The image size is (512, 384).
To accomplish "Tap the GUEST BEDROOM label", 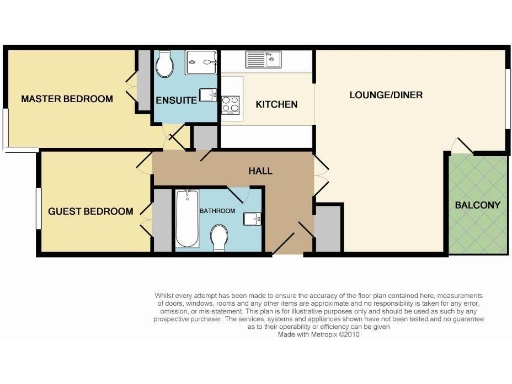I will pos(91,211).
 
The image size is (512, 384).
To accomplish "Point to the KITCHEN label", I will pos(275,105).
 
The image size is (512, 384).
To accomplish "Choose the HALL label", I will pos(260,170).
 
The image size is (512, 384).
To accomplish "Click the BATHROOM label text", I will pos(216,211).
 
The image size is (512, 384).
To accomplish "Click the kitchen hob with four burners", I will pos(231,103).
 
